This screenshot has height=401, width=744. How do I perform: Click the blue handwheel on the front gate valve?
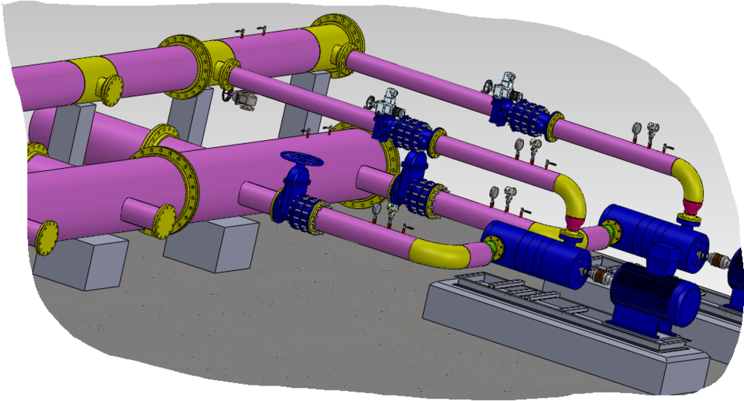click(301, 159)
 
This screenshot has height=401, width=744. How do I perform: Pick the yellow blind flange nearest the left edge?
click(46, 235)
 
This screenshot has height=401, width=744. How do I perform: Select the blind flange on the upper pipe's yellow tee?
click(111, 89)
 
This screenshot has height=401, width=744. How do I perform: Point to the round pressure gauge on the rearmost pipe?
click(636, 129)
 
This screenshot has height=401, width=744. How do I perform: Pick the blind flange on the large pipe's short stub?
click(164, 221)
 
